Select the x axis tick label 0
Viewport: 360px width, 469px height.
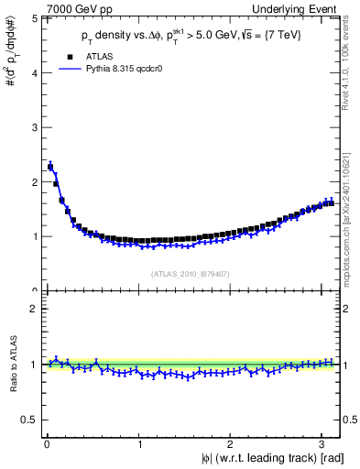pos(47,446)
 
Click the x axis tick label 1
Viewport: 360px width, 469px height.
pos(138,446)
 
